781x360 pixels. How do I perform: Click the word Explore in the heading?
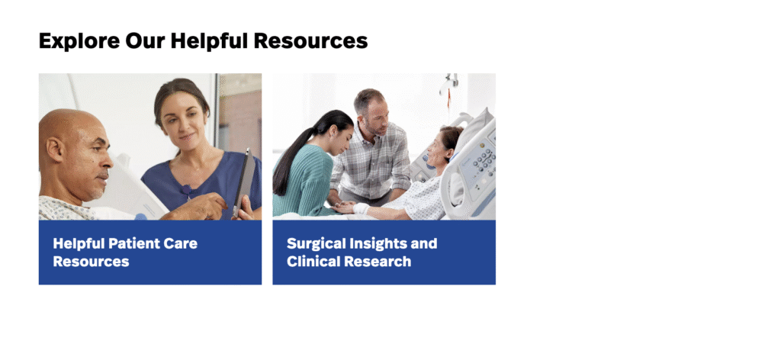[79, 41]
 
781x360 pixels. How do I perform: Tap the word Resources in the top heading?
[311, 41]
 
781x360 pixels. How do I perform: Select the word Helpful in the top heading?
[209, 41]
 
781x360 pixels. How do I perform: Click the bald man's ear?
[55, 150]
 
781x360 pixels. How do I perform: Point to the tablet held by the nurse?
[245, 183]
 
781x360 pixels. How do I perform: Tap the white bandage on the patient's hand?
[361, 207]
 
